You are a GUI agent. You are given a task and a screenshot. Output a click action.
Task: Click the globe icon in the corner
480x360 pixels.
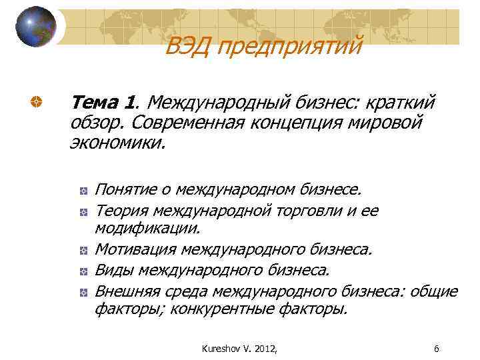coord(35,27)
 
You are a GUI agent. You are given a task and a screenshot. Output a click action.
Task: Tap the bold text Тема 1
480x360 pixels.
coord(103,103)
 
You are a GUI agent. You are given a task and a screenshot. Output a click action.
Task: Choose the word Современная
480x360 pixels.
coord(191,123)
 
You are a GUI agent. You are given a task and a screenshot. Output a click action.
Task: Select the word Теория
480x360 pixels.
coord(121,211)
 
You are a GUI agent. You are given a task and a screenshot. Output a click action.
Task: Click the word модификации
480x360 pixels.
coord(147,229)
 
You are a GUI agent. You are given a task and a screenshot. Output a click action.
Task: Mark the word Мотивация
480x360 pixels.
coord(135,249)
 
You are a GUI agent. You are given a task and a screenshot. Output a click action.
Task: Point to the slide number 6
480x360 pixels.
coord(436,348)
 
